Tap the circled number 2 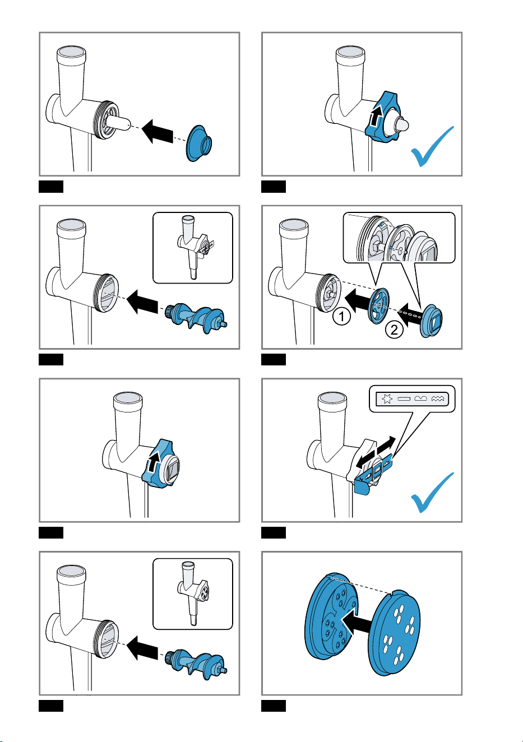394,330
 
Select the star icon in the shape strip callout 387,399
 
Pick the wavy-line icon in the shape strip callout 437,399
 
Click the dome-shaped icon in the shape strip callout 420,398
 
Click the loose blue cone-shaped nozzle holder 199,143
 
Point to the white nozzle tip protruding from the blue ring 402,125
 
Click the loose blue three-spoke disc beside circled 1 379,306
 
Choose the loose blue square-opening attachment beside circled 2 432,321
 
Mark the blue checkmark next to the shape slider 432,493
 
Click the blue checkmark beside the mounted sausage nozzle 432,146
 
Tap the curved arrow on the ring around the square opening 153,461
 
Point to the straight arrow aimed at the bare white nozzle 158,132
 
